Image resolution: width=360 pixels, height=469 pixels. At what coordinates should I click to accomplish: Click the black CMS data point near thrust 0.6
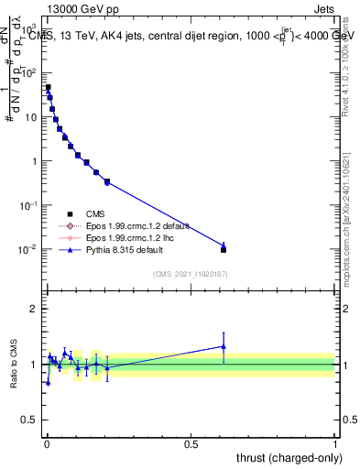pos(224,249)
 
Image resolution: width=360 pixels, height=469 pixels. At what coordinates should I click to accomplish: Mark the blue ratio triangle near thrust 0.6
pos(224,346)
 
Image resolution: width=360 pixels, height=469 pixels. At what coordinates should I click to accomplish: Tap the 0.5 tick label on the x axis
pos(191,442)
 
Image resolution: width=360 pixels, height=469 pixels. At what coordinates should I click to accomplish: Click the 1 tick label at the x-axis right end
pos(335,442)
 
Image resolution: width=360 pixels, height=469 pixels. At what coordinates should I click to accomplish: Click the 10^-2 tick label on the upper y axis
pos(27,249)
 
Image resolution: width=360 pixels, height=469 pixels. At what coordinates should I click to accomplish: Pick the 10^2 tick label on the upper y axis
pos(27,73)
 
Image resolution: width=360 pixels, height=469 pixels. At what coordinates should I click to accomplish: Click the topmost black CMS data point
pos(48,88)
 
